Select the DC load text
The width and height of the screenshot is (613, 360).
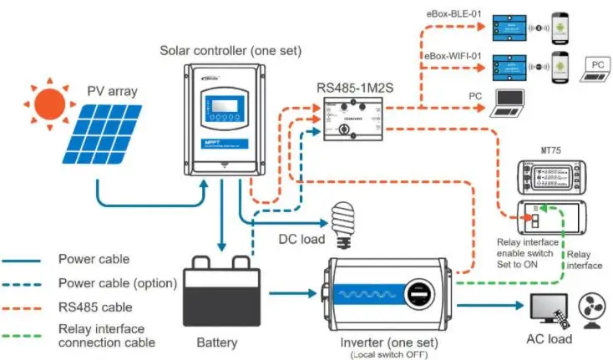coord(301,239)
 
